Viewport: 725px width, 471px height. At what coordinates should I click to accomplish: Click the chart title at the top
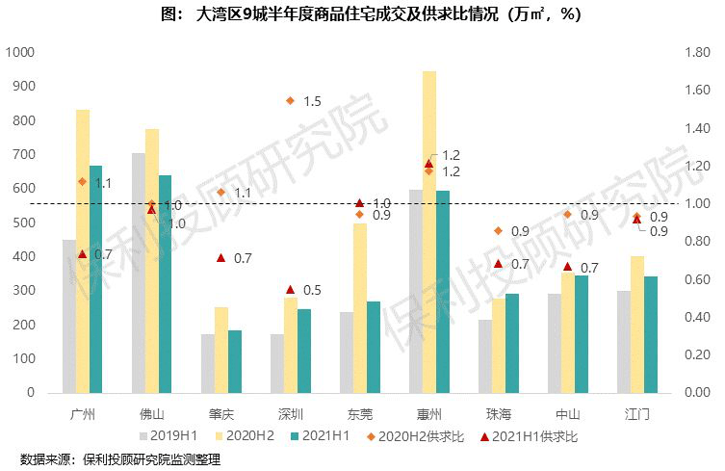(x=362, y=14)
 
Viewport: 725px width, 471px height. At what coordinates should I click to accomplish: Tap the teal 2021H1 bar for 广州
(x=95, y=279)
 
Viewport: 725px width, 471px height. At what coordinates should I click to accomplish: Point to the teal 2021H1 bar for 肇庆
(x=234, y=361)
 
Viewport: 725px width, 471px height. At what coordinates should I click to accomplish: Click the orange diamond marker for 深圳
(x=290, y=100)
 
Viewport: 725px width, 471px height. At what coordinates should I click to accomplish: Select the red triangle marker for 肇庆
(x=220, y=258)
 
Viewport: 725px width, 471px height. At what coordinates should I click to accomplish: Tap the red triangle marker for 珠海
(x=498, y=263)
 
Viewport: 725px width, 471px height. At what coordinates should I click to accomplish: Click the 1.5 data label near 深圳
(x=312, y=101)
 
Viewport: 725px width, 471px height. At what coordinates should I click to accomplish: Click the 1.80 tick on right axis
(x=697, y=52)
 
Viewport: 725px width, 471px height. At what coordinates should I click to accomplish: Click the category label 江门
(x=636, y=414)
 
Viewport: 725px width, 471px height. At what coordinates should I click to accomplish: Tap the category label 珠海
(x=498, y=414)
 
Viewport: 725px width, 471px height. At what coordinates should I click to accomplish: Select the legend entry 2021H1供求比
(x=534, y=436)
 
